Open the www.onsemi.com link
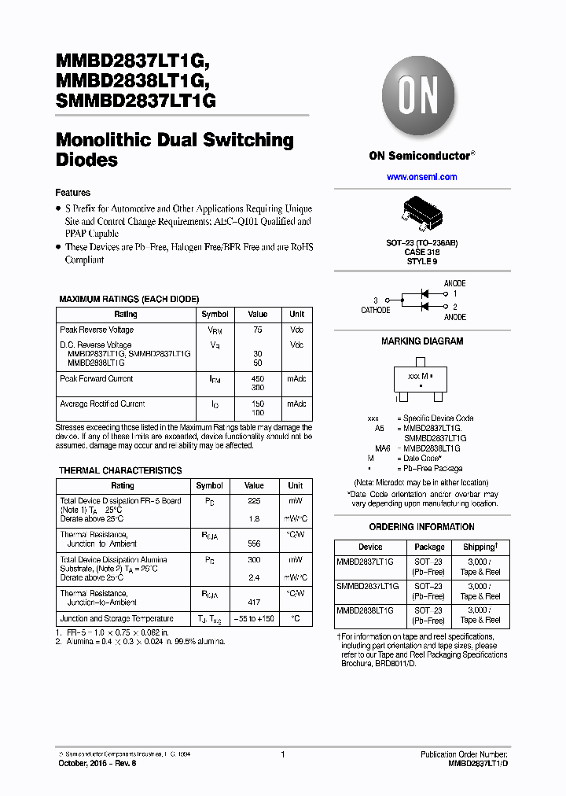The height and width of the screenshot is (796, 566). (421, 177)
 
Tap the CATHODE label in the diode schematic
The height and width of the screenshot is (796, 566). (375, 310)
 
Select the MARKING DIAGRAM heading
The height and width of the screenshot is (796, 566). (422, 341)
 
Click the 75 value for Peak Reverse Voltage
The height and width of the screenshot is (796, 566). (257, 330)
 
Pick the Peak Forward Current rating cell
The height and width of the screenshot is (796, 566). (97, 378)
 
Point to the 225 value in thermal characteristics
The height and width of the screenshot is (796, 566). (254, 500)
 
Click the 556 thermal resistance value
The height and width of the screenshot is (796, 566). (254, 544)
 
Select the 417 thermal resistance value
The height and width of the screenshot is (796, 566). (254, 603)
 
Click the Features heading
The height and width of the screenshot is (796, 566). (72, 193)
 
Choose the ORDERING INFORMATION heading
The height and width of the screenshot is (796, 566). (422, 527)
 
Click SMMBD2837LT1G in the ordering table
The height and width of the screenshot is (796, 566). (368, 587)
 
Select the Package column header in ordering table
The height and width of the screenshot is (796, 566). (429, 547)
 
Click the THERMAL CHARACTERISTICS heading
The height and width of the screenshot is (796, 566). (120, 470)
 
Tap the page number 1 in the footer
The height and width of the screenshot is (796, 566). (282, 754)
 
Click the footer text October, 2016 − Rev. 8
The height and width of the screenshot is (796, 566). (97, 763)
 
